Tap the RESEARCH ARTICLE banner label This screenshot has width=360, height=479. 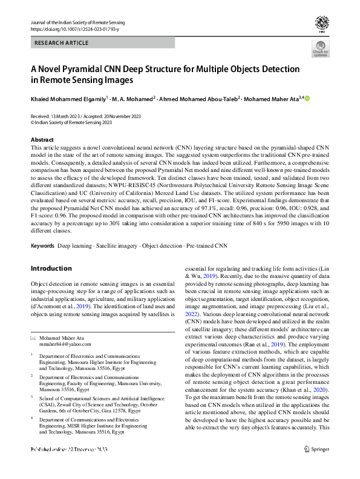[x=62, y=43]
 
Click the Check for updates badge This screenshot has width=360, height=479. [x=320, y=48]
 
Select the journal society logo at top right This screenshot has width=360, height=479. [x=321, y=24]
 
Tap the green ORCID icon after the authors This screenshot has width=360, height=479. [x=306, y=97]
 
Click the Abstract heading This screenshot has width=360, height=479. [x=42, y=140]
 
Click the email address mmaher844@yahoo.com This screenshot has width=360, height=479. [x=65, y=343]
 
